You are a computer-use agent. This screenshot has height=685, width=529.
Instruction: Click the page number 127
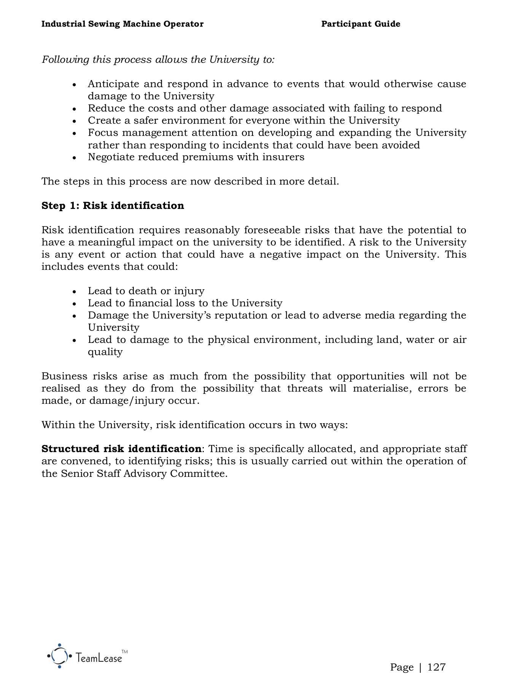click(436, 667)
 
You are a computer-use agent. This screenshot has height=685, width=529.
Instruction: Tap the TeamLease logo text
click(99, 658)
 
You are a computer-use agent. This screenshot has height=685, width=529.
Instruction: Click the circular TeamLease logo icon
click(60, 656)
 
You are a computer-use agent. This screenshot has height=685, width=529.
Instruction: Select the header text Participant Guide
click(361, 24)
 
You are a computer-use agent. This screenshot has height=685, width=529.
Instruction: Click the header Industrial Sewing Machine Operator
click(122, 24)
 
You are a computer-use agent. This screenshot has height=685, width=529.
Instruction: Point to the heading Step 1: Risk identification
click(113, 205)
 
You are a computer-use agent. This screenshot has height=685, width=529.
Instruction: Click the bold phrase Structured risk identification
click(121, 449)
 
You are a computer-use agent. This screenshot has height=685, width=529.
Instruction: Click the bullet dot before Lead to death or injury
click(75, 292)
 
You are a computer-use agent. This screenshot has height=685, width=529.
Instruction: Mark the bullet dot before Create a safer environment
click(75, 121)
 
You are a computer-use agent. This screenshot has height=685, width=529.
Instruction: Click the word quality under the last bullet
click(105, 352)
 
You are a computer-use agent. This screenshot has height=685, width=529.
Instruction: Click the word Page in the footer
click(402, 667)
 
